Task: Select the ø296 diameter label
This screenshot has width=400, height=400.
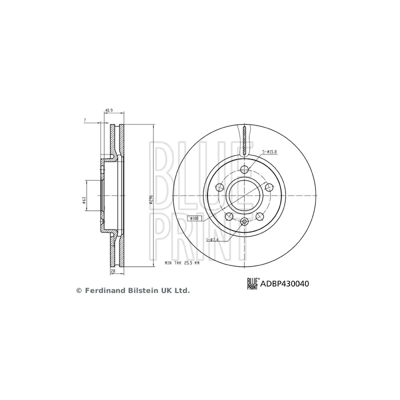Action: pyautogui.click(x=150, y=200)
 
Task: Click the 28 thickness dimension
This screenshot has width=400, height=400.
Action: pyautogui.click(x=114, y=271)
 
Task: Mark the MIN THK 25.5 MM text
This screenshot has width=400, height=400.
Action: pyautogui.click(x=181, y=263)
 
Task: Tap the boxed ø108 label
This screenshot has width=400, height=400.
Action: pyautogui.click(x=195, y=218)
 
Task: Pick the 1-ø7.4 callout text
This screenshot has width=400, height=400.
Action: pyautogui.click(x=211, y=240)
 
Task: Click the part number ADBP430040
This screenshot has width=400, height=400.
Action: pyautogui.click(x=286, y=283)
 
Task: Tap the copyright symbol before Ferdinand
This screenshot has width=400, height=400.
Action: pyautogui.click(x=78, y=290)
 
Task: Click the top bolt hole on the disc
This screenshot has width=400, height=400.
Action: pyautogui.click(x=244, y=169)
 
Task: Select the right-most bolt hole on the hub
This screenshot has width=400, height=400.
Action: pyautogui.click(x=269, y=187)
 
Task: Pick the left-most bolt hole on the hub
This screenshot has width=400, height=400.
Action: pyautogui.click(x=219, y=187)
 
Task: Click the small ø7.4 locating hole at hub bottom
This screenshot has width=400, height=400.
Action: pyautogui.click(x=244, y=222)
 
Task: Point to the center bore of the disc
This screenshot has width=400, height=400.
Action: pyautogui.click(x=244, y=195)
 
